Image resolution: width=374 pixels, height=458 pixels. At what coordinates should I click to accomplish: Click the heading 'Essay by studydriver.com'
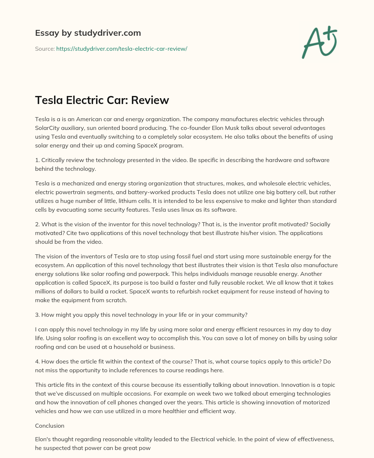pyautogui.click(x=88, y=33)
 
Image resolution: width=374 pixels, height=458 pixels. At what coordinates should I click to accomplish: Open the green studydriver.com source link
pyautogui.click(x=122, y=49)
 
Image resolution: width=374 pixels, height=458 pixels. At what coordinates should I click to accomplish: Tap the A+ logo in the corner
pyautogui.click(x=319, y=42)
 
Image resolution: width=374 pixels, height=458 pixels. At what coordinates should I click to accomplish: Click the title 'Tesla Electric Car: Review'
pyautogui.click(x=102, y=100)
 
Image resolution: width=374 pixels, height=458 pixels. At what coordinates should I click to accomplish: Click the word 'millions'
pyautogui.click(x=47, y=291)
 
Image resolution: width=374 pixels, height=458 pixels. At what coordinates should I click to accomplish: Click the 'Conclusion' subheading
pyautogui.click(x=50, y=426)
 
